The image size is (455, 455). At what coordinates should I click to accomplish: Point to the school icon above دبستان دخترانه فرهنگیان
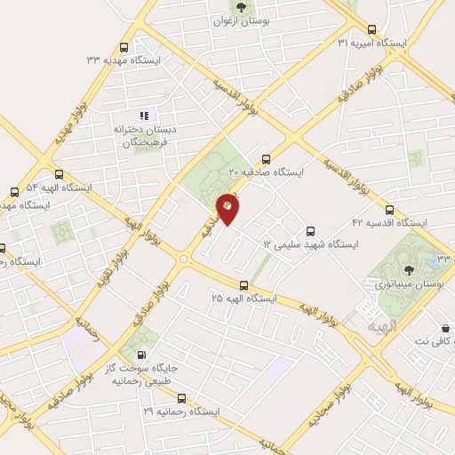pos(143,115)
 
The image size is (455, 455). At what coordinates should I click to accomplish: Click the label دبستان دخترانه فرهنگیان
pos(145,135)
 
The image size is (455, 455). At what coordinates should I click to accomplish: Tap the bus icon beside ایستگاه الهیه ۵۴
pos(59,175)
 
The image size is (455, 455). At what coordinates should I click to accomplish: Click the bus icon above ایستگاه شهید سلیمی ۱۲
pos(310,229)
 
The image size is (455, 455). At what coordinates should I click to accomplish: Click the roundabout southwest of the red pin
pos(185,259)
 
